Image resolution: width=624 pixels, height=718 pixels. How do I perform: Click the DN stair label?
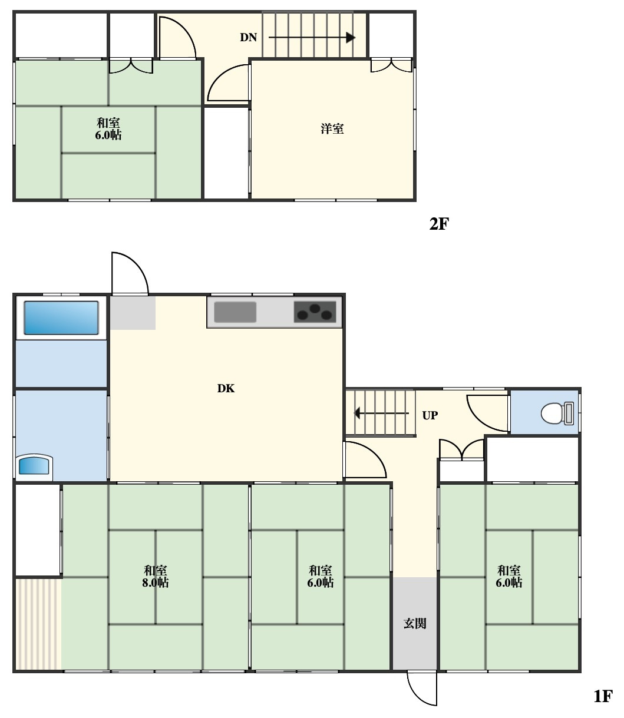248,37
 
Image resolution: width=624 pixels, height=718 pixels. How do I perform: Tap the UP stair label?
430,415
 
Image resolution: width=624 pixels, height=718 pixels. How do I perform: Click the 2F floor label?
439,224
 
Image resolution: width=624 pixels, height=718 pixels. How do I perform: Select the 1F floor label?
603,696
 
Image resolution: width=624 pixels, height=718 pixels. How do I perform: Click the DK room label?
226,388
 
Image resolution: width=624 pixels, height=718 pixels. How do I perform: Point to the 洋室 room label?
332,129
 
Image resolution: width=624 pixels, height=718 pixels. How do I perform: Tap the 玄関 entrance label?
415,623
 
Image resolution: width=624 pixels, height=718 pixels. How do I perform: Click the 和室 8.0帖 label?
155,577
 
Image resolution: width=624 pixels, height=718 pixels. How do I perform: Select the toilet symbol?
557,413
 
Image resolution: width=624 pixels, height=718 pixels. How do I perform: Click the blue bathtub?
61,318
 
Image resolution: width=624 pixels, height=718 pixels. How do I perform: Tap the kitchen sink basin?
235,312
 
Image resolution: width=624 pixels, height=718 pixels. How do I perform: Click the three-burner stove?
315,312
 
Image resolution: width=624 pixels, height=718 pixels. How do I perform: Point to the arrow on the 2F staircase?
312,37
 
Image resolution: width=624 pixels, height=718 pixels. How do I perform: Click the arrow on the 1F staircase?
381,413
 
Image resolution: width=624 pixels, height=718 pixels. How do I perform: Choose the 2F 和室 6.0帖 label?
108,129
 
